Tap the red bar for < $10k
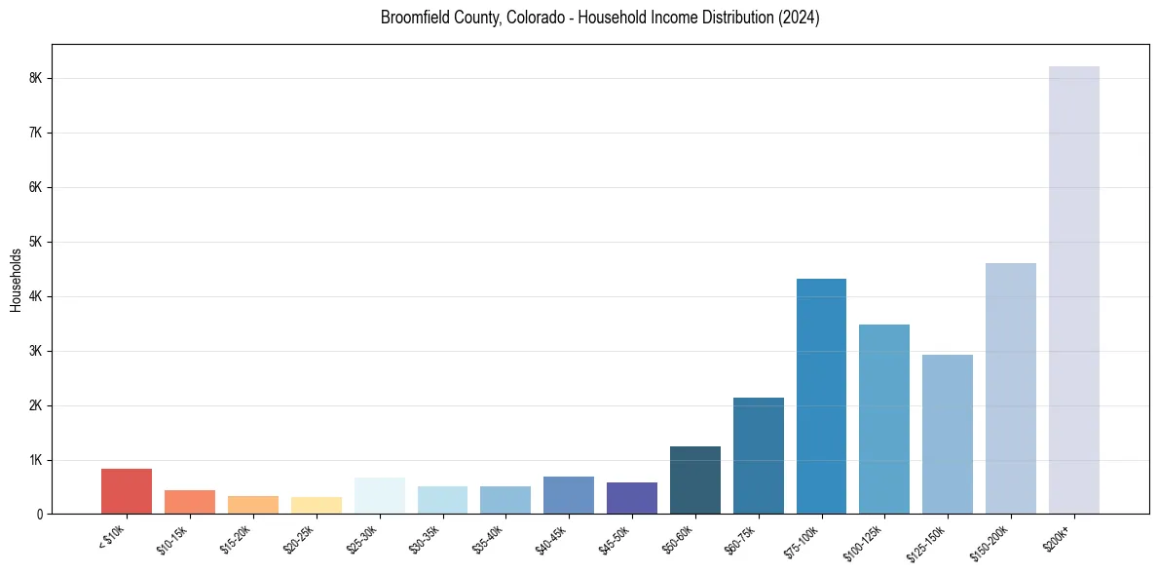pyautogui.click(x=127, y=491)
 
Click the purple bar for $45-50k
pyautogui.click(x=632, y=498)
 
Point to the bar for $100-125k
pyautogui.click(x=884, y=419)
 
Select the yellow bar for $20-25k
pyautogui.click(x=317, y=505)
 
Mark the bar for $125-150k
pyautogui.click(x=948, y=434)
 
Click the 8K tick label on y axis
pyautogui.click(x=35, y=78)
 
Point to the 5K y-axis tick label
pyautogui.click(x=35, y=242)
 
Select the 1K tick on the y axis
pyautogui.click(x=35, y=460)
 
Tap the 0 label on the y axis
pyautogui.click(x=39, y=515)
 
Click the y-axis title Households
pyautogui.click(x=16, y=280)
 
